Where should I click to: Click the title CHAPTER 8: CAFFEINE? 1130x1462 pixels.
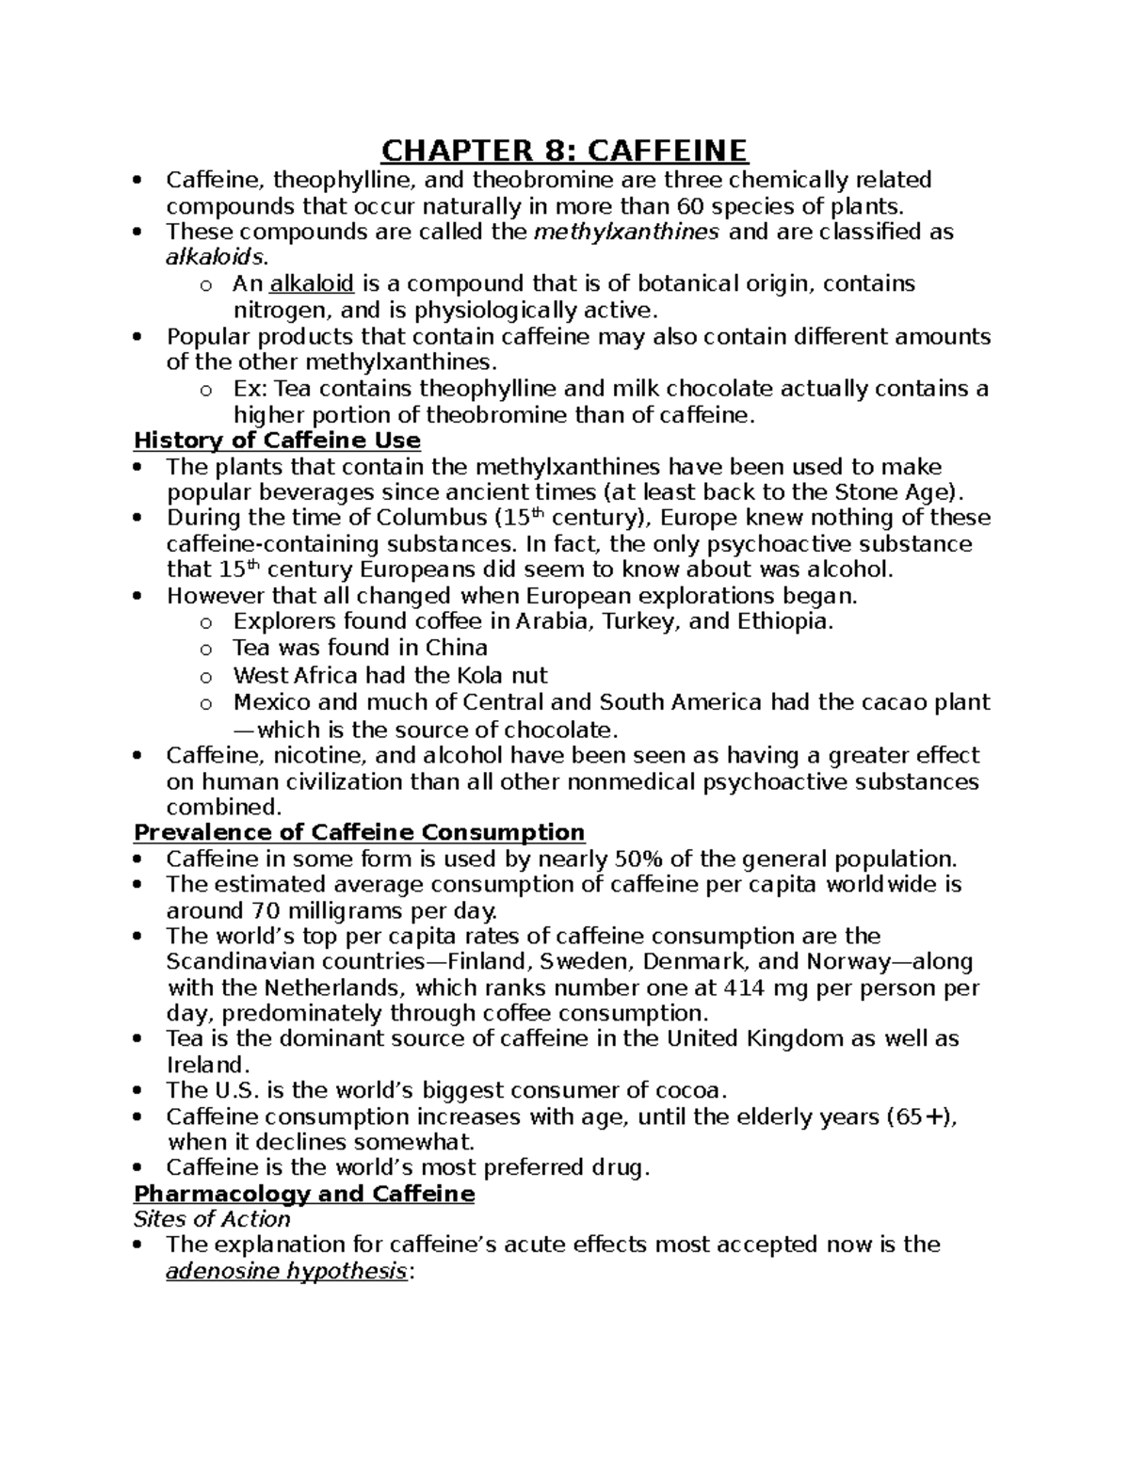pos(564,151)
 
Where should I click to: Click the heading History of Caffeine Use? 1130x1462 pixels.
pos(277,441)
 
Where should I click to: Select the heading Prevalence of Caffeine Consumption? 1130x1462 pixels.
pos(359,832)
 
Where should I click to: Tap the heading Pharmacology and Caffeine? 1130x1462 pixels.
pos(304,1194)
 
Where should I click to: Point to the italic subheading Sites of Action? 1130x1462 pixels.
pos(212,1219)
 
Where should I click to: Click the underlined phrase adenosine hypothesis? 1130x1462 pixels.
pos(286,1272)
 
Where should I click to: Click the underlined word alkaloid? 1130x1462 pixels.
pos(311,283)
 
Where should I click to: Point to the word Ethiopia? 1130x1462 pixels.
pos(784,621)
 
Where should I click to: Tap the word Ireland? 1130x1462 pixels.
pos(207,1066)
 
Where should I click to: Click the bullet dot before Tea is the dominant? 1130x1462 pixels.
pos(139,1039)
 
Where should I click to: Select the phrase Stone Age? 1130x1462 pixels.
pos(900,492)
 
